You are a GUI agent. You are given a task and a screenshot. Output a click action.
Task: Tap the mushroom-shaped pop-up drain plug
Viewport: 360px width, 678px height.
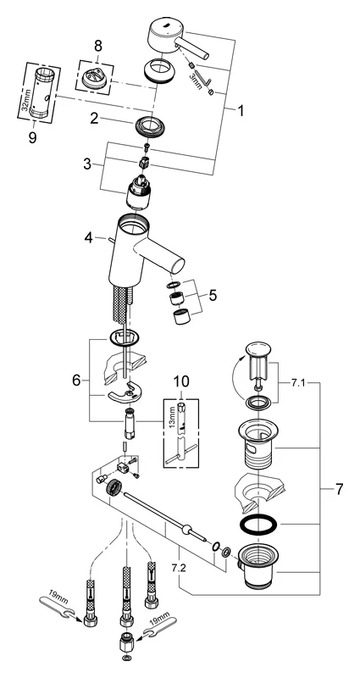(256, 355)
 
